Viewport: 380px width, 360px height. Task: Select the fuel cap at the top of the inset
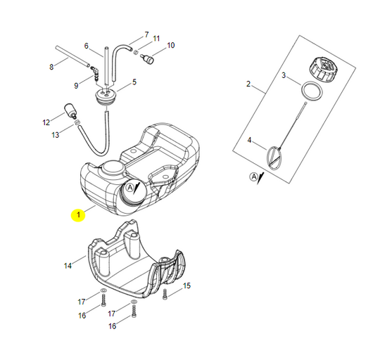click(325, 71)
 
